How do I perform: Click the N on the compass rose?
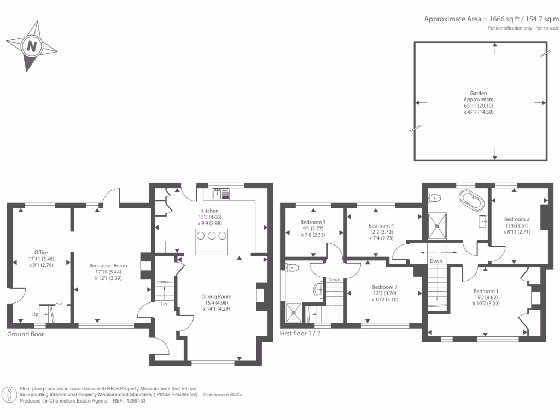click(32, 46)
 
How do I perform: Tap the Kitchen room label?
click(209, 211)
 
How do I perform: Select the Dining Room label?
click(216, 296)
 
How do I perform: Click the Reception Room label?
click(108, 266)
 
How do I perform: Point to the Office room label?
click(41, 253)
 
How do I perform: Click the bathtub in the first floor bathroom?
click(471, 200)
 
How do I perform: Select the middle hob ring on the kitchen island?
click(212, 236)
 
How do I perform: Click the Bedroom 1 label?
click(486, 291)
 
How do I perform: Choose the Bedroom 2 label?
click(517, 219)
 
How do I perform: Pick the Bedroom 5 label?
click(313, 222)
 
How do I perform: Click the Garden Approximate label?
click(479, 96)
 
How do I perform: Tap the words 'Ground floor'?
click(25, 334)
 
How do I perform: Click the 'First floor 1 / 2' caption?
click(300, 333)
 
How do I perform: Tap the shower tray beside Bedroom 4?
click(437, 226)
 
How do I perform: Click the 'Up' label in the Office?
click(35, 314)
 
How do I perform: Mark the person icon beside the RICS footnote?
click(9, 395)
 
